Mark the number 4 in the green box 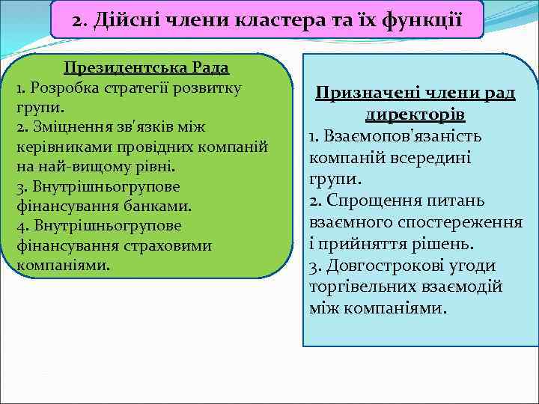[19, 225]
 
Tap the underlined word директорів [415, 115]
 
